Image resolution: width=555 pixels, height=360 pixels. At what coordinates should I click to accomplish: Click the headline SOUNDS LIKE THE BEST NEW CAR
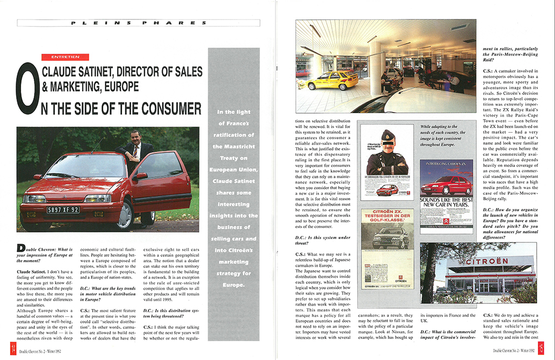tap(446, 199)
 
